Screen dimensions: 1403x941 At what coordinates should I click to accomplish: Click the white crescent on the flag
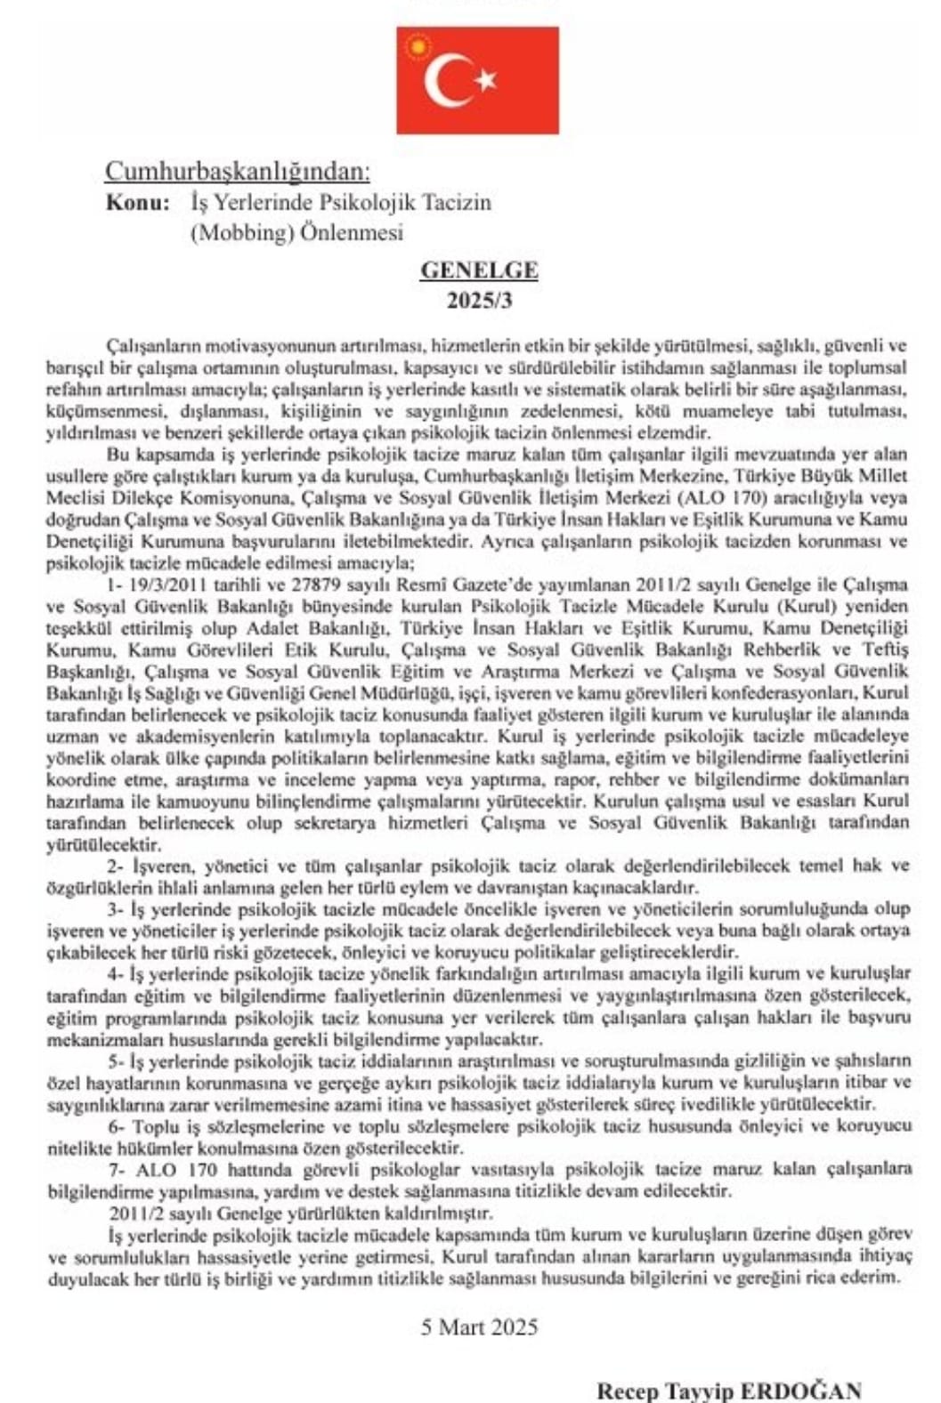point(442,80)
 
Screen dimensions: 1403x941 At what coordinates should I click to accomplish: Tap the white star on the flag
point(486,80)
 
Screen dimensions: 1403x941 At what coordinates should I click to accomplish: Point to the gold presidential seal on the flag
point(415,46)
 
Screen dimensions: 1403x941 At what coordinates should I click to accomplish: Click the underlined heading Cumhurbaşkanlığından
point(237,171)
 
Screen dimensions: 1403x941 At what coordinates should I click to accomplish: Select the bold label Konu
point(137,202)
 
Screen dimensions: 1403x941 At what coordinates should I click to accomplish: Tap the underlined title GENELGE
point(479,270)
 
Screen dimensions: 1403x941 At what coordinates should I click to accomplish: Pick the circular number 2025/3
point(479,300)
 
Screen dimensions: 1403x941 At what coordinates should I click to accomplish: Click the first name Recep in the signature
point(626,1391)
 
